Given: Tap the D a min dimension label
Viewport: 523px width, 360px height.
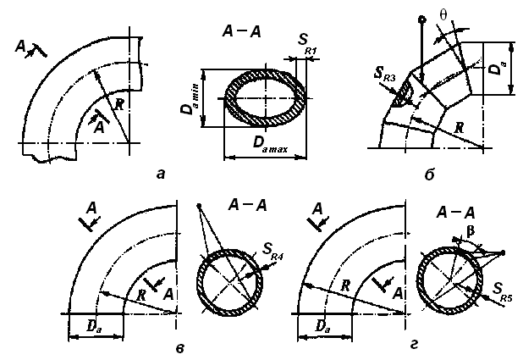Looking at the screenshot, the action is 190,99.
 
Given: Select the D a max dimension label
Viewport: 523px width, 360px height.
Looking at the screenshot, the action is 270,144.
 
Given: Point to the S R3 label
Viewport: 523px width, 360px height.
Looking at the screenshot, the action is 384,75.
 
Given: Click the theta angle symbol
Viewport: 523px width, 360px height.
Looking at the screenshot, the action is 443,14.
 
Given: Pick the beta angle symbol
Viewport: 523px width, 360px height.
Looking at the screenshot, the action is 471,231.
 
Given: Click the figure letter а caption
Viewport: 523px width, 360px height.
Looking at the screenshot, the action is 161,174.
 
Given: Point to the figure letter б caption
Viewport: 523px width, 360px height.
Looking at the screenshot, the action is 429,174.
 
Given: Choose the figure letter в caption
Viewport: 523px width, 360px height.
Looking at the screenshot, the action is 179,349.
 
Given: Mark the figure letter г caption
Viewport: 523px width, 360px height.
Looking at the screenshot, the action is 414,346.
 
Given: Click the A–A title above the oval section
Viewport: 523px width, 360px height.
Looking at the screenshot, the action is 241,32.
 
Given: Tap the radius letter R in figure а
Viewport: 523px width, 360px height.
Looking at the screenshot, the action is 118,105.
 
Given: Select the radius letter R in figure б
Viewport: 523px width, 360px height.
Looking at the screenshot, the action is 460,127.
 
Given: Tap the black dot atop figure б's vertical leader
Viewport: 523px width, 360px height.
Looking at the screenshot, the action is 422,19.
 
